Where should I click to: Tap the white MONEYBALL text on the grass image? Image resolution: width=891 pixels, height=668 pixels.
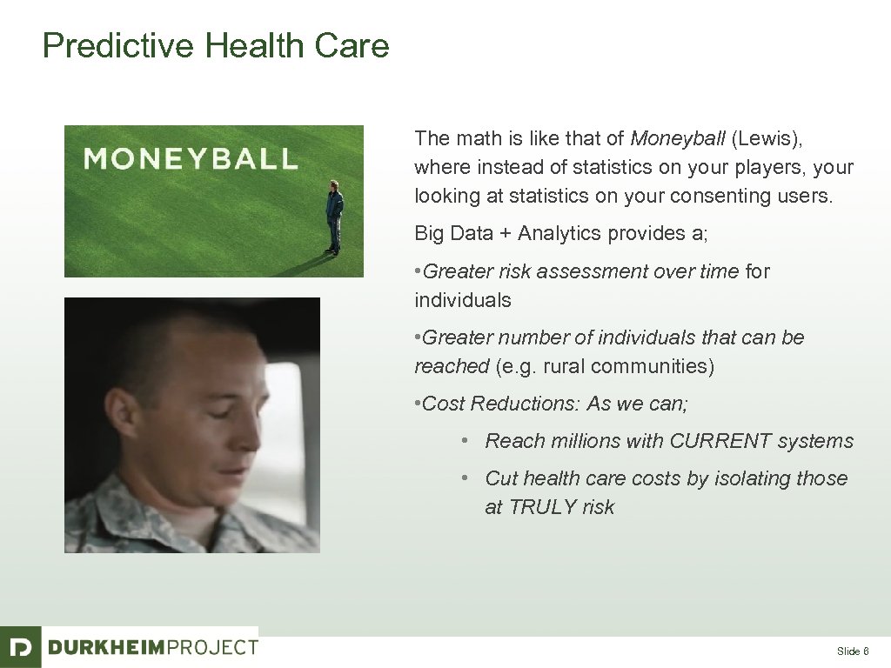[190, 158]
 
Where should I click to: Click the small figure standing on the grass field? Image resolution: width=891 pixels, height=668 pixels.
[334, 217]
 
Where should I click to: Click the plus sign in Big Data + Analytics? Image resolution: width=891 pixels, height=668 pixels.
[506, 233]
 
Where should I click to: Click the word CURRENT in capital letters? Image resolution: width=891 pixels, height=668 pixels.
[720, 441]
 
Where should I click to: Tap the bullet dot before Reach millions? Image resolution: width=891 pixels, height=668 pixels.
[466, 441]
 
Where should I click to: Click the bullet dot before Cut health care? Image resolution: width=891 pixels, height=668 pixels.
[466, 478]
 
